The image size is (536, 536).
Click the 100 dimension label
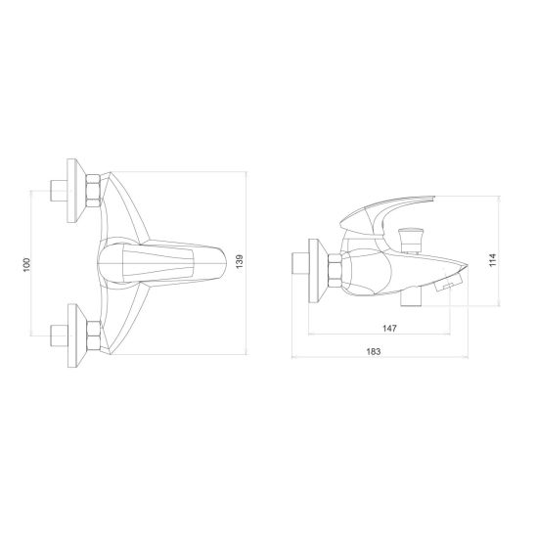point(26,265)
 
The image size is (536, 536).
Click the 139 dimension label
point(240,261)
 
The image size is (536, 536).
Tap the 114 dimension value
point(492,260)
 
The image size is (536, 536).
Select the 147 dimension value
point(389,329)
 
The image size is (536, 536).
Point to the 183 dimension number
point(374,351)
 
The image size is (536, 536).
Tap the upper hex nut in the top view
point(93,191)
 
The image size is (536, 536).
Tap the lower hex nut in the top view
point(94,336)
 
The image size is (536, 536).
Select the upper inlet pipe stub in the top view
point(59,191)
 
